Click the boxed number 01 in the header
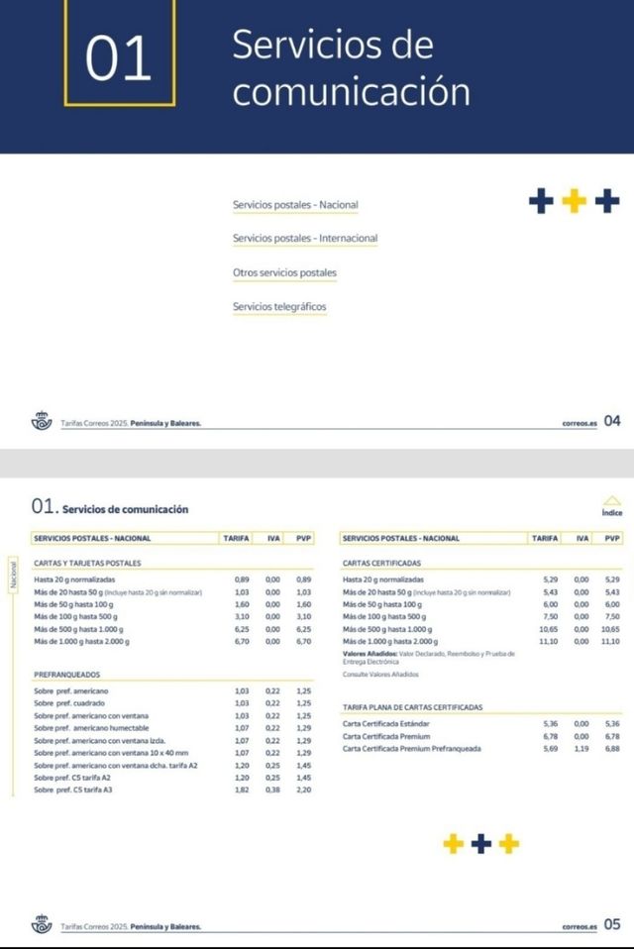click(119, 56)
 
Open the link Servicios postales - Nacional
click(295, 205)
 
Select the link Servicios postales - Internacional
click(305, 239)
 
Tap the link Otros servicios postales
click(284, 272)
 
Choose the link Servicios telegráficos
click(279, 307)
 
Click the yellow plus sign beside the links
click(574, 202)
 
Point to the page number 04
click(612, 421)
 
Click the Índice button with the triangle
click(611, 506)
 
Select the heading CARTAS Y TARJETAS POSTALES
click(87, 563)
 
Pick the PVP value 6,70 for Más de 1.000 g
click(303, 642)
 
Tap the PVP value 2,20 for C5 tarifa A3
click(303, 790)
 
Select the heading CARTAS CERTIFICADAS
click(381, 563)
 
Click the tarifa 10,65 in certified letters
click(549, 629)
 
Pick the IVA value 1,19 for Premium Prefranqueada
click(581, 749)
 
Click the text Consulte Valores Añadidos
click(380, 674)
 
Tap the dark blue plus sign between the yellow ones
click(481, 844)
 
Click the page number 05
click(612, 924)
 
